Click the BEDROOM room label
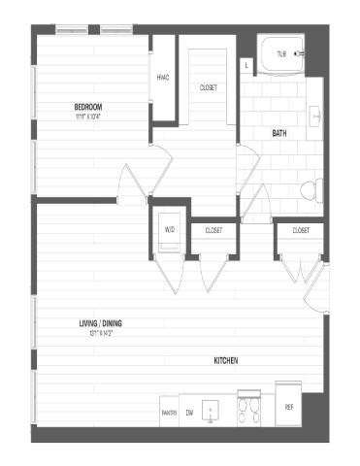(x=88, y=106)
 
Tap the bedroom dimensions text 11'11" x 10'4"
(x=88, y=116)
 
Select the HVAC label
(x=164, y=79)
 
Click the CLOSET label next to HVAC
(x=209, y=87)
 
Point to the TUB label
(x=281, y=54)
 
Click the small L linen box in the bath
(x=247, y=66)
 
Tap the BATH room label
(x=279, y=133)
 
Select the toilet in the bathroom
(x=311, y=188)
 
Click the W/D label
(x=169, y=230)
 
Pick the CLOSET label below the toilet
(x=300, y=230)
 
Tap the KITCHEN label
(x=226, y=361)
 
